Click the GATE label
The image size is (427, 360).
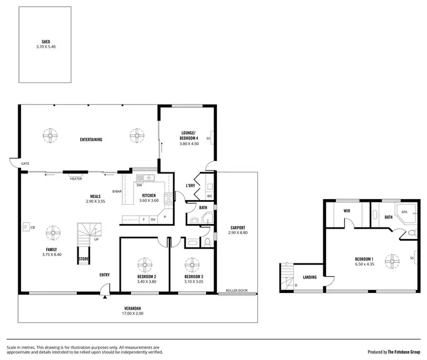[x=25, y=163]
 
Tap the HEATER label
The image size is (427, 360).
[x=76, y=179]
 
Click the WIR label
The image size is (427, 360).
[x=346, y=210]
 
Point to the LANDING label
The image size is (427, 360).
[x=310, y=277]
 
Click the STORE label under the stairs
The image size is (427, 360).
[x=83, y=259]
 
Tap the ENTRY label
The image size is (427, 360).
[x=105, y=275]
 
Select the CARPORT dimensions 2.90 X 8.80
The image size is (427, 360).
[x=237, y=233]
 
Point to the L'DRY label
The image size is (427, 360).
[x=191, y=186]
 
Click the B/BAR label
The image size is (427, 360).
[x=117, y=191]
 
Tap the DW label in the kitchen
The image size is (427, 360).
[x=139, y=185]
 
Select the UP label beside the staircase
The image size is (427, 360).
[x=96, y=239]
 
